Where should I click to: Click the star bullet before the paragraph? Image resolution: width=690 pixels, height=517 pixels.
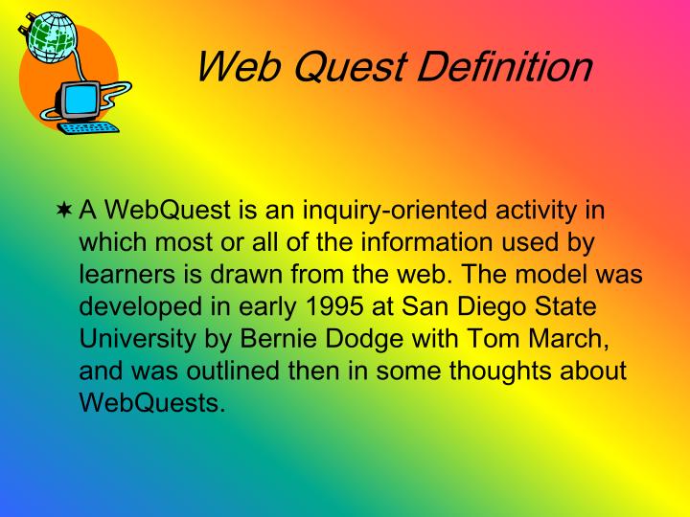(x=64, y=211)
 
